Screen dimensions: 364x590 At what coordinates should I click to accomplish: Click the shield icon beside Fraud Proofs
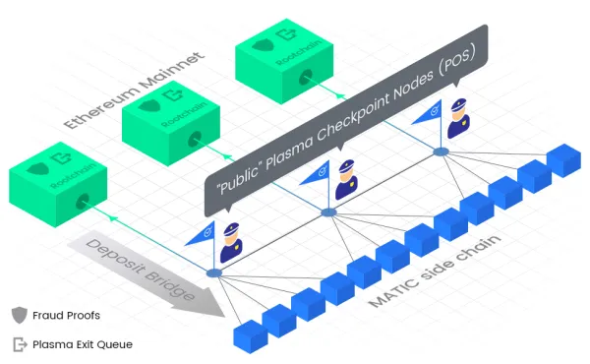19,316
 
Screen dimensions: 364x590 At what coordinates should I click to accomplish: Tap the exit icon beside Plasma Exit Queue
19,344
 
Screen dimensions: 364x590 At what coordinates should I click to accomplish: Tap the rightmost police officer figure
457,119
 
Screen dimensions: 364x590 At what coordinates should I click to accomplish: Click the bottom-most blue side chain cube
249,334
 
